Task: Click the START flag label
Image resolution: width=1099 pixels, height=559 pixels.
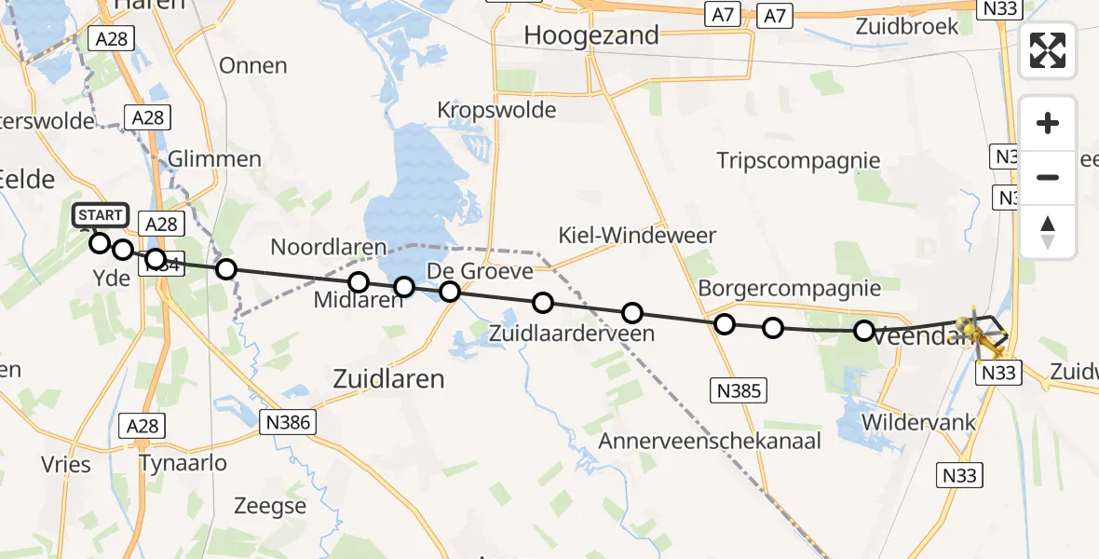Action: click(x=100, y=215)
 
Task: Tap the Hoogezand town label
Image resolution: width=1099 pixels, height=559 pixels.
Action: click(x=591, y=36)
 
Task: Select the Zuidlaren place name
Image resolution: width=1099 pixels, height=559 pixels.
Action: click(x=389, y=379)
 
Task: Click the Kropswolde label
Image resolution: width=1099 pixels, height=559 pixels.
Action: click(x=496, y=110)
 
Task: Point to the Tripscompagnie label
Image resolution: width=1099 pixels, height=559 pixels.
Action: click(x=798, y=160)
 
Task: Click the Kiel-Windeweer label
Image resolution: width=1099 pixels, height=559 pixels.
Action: click(x=637, y=235)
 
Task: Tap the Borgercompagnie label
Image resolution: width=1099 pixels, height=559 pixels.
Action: click(x=789, y=288)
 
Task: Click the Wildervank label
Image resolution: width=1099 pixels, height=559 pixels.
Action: click(x=918, y=422)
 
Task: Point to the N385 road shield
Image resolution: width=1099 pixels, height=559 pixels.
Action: click(x=739, y=391)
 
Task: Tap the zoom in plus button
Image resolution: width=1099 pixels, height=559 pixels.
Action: click(x=1048, y=123)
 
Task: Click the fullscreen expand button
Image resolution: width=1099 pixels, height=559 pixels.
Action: click(x=1048, y=50)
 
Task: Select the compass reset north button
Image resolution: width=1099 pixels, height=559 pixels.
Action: click(x=1048, y=231)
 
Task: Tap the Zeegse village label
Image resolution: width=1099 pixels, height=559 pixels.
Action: click(x=270, y=506)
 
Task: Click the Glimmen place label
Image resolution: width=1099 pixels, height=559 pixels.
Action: click(x=215, y=158)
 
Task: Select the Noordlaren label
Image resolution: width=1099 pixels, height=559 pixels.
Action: click(x=328, y=248)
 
